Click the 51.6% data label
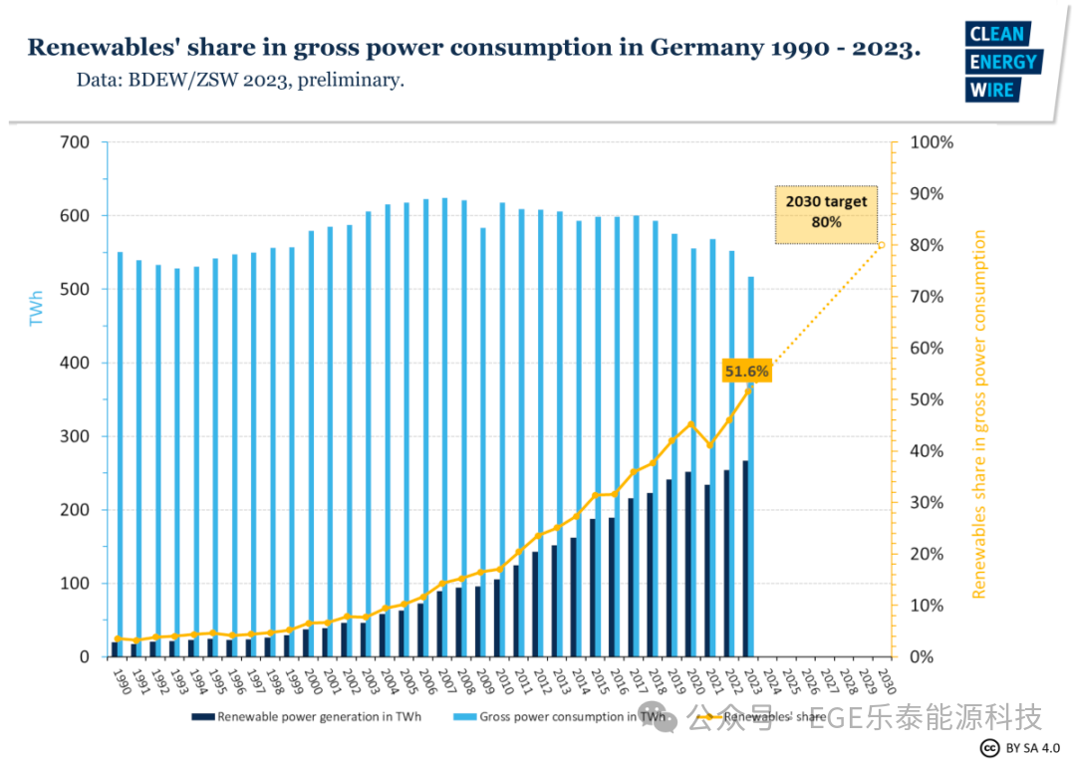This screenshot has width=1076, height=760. coord(746,372)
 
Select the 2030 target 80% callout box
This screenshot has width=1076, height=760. coord(826,212)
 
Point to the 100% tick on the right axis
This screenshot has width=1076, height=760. coord(933,142)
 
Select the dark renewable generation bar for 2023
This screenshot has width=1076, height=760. coord(745,558)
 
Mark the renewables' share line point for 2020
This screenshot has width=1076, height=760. coord(690,424)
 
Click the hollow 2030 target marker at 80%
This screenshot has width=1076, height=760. coord(881,245)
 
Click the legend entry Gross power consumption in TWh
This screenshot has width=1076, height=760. coord(562,716)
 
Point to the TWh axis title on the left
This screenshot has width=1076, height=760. coord(37,309)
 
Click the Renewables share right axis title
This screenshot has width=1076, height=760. coord(979,414)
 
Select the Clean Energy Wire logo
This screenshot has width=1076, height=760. coord(1002,62)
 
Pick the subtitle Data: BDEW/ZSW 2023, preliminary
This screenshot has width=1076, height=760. coord(240,80)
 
